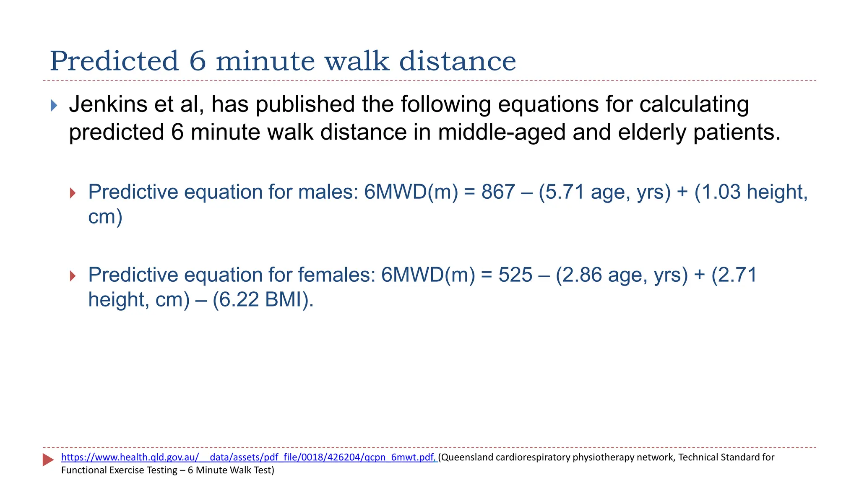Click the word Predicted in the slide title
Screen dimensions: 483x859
[x=114, y=61]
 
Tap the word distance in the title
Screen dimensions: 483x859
[x=457, y=61]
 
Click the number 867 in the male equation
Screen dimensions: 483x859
[x=498, y=192]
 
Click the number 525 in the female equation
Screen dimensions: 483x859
[x=515, y=275]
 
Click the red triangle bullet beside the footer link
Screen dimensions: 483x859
[x=48, y=460]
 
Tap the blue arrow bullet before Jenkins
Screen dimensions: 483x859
[x=54, y=105]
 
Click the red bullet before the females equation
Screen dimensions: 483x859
[x=73, y=276]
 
